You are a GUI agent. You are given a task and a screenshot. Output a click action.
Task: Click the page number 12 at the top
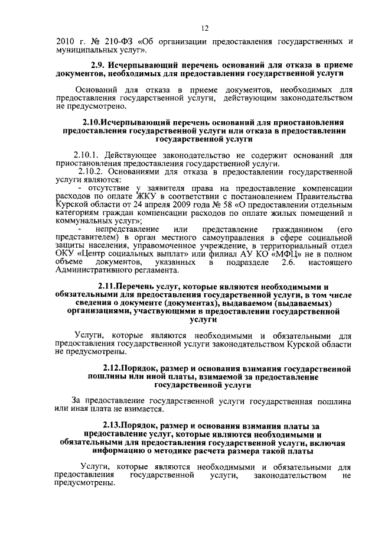coord(204,28)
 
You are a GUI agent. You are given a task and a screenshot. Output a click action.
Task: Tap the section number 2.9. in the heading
coord(99,65)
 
